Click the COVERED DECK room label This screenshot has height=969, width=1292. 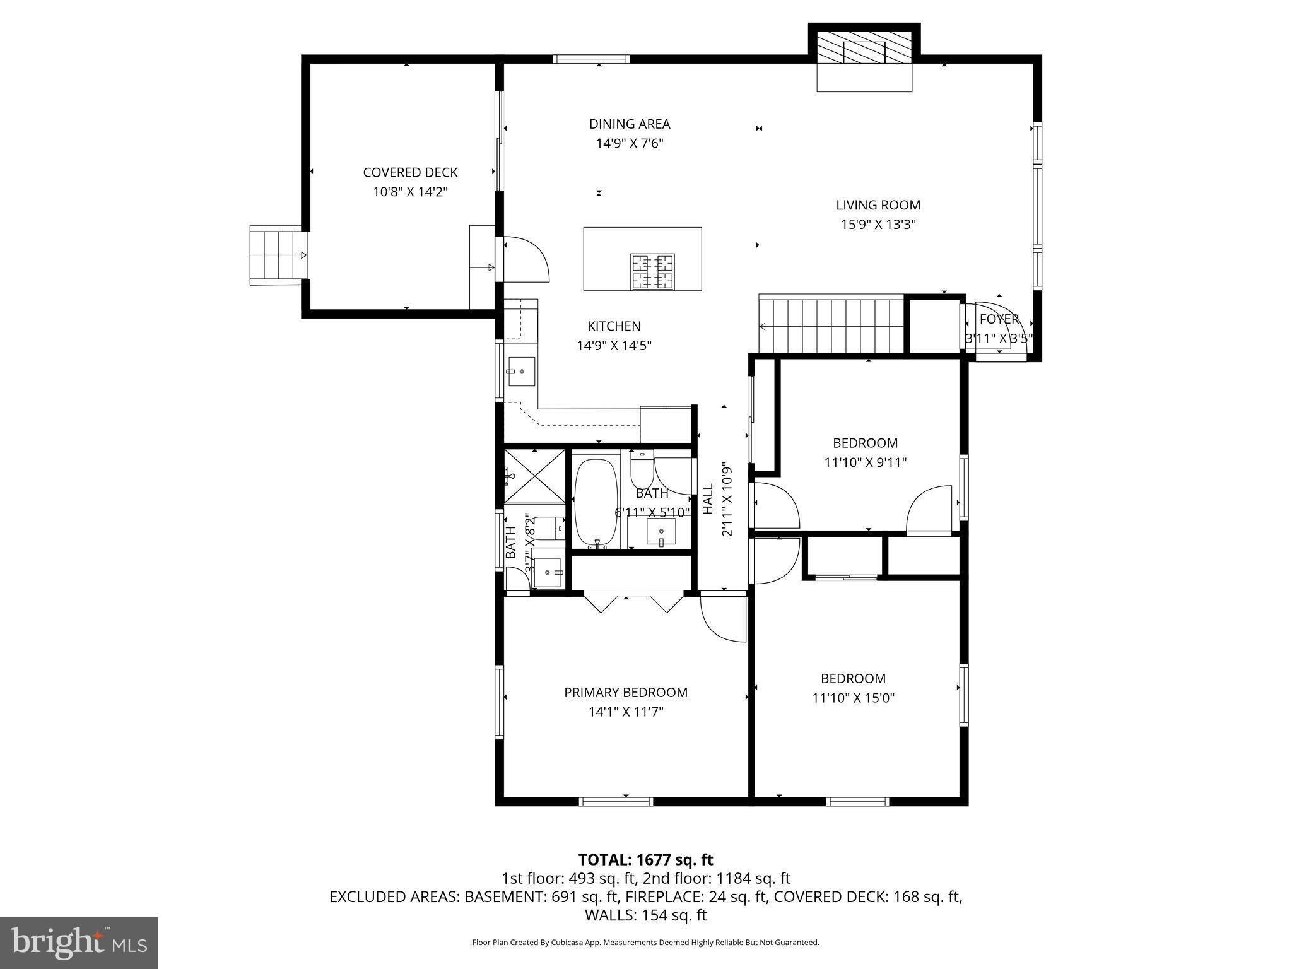[x=410, y=172]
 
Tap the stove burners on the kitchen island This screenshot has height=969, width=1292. [x=652, y=271]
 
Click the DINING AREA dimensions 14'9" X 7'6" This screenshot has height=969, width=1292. [x=630, y=144]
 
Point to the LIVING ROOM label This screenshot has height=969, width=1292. [x=878, y=205]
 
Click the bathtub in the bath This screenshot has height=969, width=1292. [x=596, y=503]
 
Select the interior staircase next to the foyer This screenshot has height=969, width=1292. [x=831, y=326]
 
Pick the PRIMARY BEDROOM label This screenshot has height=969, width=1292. [x=625, y=693]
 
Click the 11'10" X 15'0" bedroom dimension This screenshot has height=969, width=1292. [x=853, y=698]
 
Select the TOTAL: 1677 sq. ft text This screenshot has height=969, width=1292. [x=645, y=860]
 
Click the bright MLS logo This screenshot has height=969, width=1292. [x=78, y=943]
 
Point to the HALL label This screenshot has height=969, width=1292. [x=708, y=498]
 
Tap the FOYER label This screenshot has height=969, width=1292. [x=999, y=319]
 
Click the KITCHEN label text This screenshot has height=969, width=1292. [x=614, y=326]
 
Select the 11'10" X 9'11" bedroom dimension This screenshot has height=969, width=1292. [x=865, y=462]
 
